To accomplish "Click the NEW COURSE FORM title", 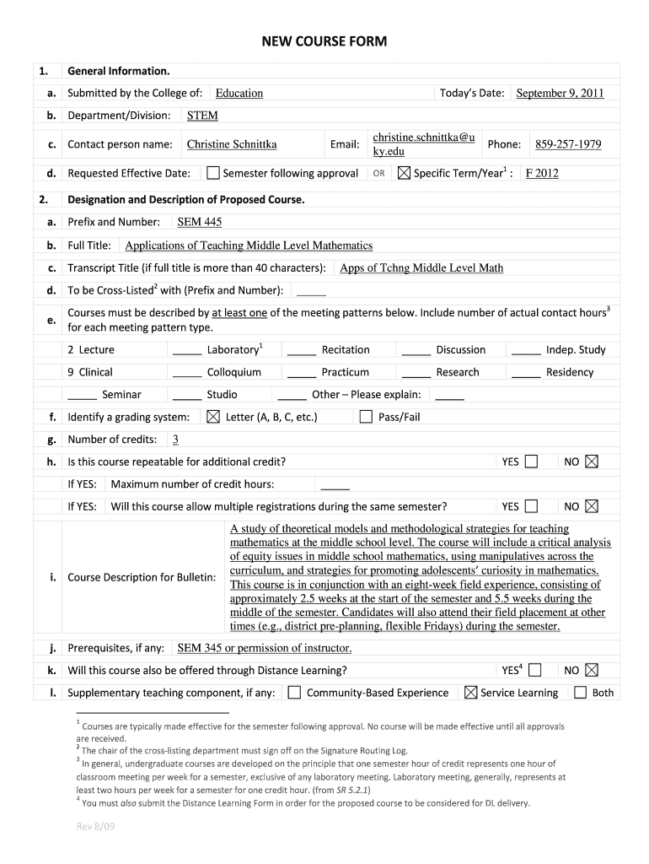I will tap(324, 41).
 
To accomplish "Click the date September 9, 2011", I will tap(560, 94).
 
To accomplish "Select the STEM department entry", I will tap(202, 116).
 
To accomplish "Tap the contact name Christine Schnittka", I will tap(232, 144).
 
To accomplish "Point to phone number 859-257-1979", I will tap(568, 144).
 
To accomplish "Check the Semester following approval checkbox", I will tap(213, 174).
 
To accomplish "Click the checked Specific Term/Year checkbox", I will tap(404, 174).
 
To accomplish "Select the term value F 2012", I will tap(542, 174).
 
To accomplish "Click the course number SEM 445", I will tap(200, 222).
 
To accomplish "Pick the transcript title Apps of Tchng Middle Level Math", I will tap(421, 268).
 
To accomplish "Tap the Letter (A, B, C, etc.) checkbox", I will tap(212, 417).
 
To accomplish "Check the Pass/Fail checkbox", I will tap(366, 417).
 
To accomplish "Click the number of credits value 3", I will tap(175, 440).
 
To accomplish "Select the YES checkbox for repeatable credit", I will tap(531, 462).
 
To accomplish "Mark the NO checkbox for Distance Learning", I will tap(591, 670).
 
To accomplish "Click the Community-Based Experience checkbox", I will tap(294, 693).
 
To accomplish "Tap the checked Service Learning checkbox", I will tap(470, 693).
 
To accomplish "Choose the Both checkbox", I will tap(580, 693).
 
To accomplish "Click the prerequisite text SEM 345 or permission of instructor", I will tap(265, 648).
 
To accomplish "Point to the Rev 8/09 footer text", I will tap(94, 826).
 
